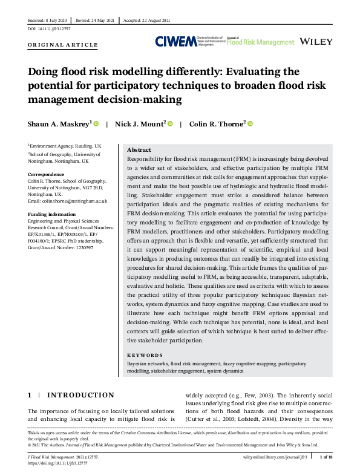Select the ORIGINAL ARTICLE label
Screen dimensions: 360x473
pos(62,45)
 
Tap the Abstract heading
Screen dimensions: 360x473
pos(139,150)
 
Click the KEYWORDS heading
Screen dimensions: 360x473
pos(145,355)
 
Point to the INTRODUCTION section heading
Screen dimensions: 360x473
pos(80,395)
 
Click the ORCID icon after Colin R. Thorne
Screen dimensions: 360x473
pos(249,124)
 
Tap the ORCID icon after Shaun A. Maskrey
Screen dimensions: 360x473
pos(96,124)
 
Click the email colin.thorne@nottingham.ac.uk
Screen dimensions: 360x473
pos(68,200)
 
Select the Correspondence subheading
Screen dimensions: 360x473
pos(46,174)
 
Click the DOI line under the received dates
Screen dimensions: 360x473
pos(49,28)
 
